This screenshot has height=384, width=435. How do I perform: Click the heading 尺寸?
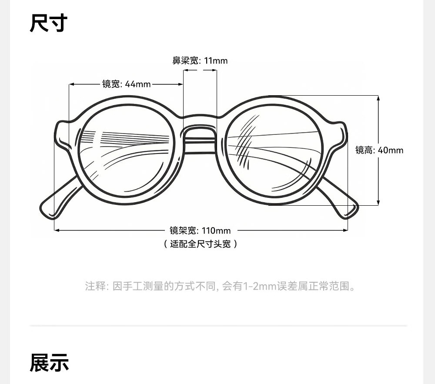point(48,23)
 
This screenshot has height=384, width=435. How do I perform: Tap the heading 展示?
point(49,362)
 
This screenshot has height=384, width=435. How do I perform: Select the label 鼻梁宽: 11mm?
point(200,60)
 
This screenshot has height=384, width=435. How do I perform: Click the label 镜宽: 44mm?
point(126,84)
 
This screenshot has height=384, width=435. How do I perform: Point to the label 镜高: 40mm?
point(379,150)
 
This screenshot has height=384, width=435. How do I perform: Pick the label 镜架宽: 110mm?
point(200,230)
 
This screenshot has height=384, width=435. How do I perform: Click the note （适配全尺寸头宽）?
point(200,244)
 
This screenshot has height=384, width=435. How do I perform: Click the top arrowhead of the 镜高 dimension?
point(378,98)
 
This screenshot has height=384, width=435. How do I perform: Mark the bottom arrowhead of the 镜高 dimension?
point(378,202)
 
